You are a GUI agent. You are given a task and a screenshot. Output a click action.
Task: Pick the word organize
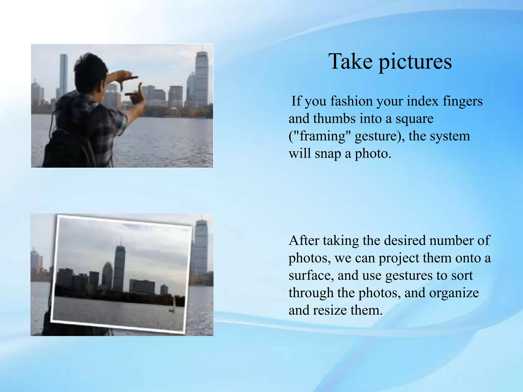[454, 293]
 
